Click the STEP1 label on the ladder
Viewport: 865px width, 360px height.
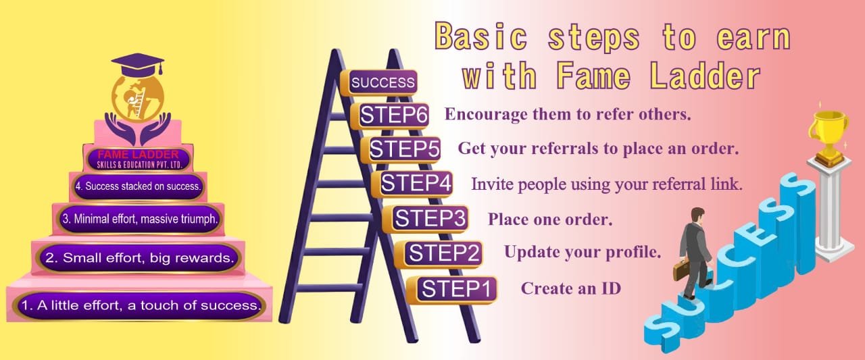(x=452, y=289)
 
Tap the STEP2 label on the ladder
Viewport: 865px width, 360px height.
(x=439, y=254)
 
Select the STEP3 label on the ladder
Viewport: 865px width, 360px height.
(x=426, y=219)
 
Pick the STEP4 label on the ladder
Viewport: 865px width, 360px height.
(x=412, y=183)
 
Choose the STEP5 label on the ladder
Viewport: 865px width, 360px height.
(x=401, y=149)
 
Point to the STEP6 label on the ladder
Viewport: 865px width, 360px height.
(x=390, y=115)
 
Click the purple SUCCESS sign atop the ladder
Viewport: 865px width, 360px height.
(x=379, y=82)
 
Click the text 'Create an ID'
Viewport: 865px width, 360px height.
(x=571, y=288)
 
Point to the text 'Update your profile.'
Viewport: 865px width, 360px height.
(x=583, y=252)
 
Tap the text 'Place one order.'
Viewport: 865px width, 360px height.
(x=550, y=219)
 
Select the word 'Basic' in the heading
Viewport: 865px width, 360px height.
(x=482, y=36)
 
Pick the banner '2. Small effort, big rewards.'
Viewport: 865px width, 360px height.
(x=139, y=258)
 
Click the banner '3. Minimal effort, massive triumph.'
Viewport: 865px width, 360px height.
(x=139, y=219)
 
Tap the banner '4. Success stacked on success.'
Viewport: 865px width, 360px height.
(x=139, y=186)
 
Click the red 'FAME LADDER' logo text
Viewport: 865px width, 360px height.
(x=139, y=155)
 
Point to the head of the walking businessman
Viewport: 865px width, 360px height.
(x=697, y=215)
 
